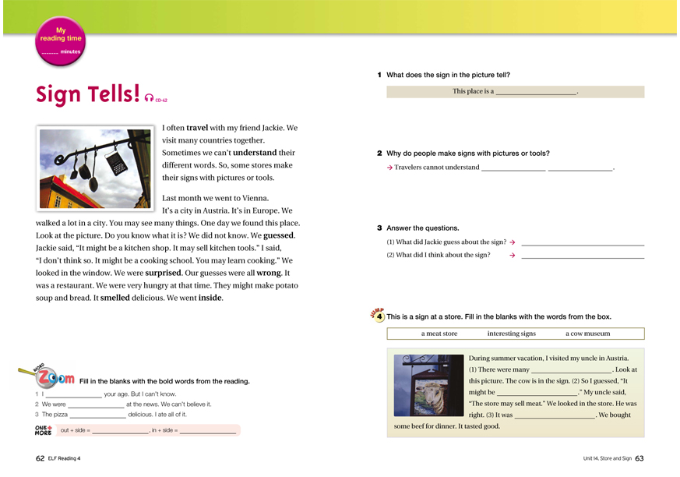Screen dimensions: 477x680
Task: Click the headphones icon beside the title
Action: [x=148, y=97]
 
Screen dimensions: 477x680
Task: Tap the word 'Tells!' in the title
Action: [x=109, y=94]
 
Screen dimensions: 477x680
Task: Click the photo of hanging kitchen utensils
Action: [x=93, y=168]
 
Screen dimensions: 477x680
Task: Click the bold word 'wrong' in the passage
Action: [x=268, y=273]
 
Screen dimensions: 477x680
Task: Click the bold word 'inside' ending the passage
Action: [x=210, y=298]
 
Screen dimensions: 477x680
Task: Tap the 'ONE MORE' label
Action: [x=44, y=429]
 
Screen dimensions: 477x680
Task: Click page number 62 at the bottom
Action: [x=41, y=458]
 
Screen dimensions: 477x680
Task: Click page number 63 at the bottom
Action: [x=639, y=458]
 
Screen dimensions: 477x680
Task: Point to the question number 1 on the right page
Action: [x=379, y=75]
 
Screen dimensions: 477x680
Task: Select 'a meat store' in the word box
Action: [x=439, y=334]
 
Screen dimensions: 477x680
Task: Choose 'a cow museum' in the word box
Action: [x=587, y=334]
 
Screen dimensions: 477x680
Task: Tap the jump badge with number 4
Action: [x=379, y=316]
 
